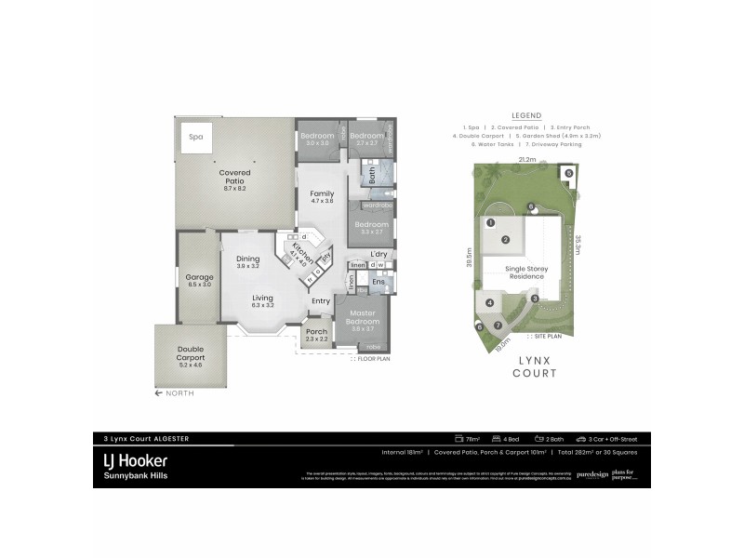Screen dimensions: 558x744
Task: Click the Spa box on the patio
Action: (195, 137)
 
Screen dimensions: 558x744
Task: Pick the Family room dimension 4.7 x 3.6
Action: (321, 201)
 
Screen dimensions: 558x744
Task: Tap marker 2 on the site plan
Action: (506, 240)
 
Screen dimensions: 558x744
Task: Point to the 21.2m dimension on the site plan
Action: (527, 160)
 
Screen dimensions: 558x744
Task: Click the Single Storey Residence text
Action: (526, 272)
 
